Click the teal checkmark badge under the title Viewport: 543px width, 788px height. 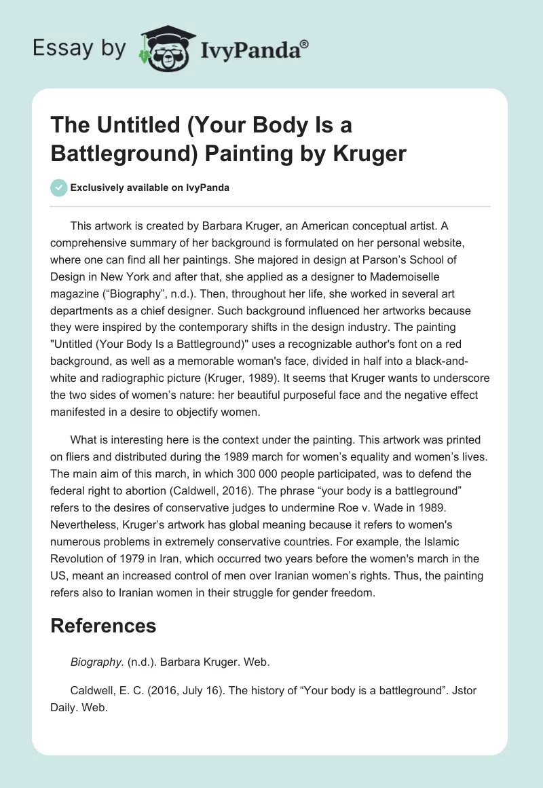[59, 187]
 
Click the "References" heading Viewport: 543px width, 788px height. [103, 625]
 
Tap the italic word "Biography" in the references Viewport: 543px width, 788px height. [94, 660]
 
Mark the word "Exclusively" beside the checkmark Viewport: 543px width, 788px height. [98, 187]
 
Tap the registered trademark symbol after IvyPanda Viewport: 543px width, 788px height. [305, 43]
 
